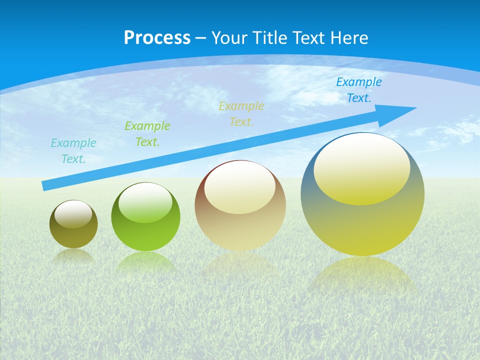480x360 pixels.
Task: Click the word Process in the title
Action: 157,37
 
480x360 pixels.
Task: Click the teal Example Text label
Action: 73,151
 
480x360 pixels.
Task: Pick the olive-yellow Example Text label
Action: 241,114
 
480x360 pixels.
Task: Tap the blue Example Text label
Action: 359,90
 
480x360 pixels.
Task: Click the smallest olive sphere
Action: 73,235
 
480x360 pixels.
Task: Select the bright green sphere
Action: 145,235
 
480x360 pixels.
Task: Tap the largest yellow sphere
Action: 362,225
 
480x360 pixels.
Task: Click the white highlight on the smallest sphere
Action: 73,214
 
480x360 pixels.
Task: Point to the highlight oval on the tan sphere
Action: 239,187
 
